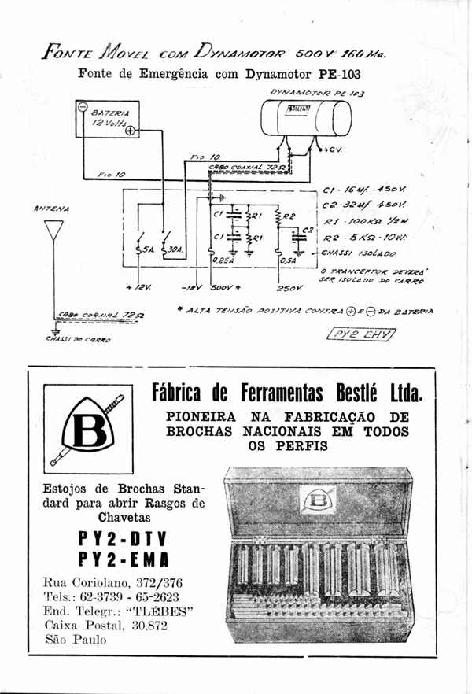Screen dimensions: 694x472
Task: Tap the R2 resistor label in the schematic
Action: click(x=288, y=215)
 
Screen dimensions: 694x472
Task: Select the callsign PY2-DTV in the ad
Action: click(x=124, y=540)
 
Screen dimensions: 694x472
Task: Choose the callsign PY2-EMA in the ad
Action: click(x=124, y=559)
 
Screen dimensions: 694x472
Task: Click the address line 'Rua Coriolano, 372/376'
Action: click(x=113, y=583)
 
